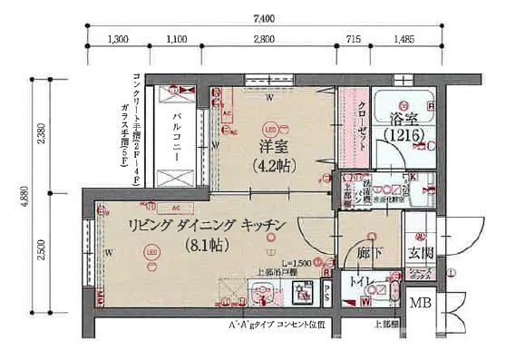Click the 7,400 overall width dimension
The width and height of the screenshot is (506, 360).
(x=264, y=17)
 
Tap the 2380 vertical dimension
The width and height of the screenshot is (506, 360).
(x=40, y=134)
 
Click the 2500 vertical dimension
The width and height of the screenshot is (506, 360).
(x=40, y=248)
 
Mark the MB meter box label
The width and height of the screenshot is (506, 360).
(x=421, y=303)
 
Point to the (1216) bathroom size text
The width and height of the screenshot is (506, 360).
(x=404, y=135)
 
